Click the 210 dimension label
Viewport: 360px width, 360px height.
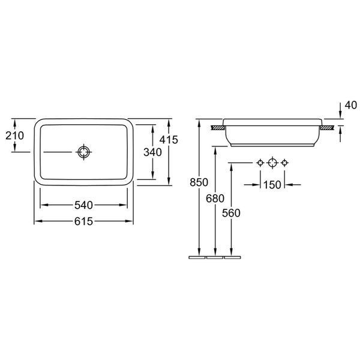pyautogui.click(x=14, y=136)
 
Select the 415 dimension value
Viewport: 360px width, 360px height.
pyautogui.click(x=169, y=140)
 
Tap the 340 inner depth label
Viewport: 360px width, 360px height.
pyautogui.click(x=152, y=152)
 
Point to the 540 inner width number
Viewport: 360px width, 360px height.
pyautogui.click(x=83, y=205)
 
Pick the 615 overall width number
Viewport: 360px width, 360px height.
pyautogui.click(x=83, y=221)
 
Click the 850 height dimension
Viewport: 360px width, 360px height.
pyautogui.click(x=199, y=182)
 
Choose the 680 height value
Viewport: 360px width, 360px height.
pyautogui.click(x=215, y=199)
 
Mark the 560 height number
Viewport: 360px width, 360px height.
pyautogui.click(x=231, y=213)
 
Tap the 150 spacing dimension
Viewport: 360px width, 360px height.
pyautogui.click(x=272, y=185)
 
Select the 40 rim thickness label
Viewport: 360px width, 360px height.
pyautogui.click(x=351, y=105)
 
